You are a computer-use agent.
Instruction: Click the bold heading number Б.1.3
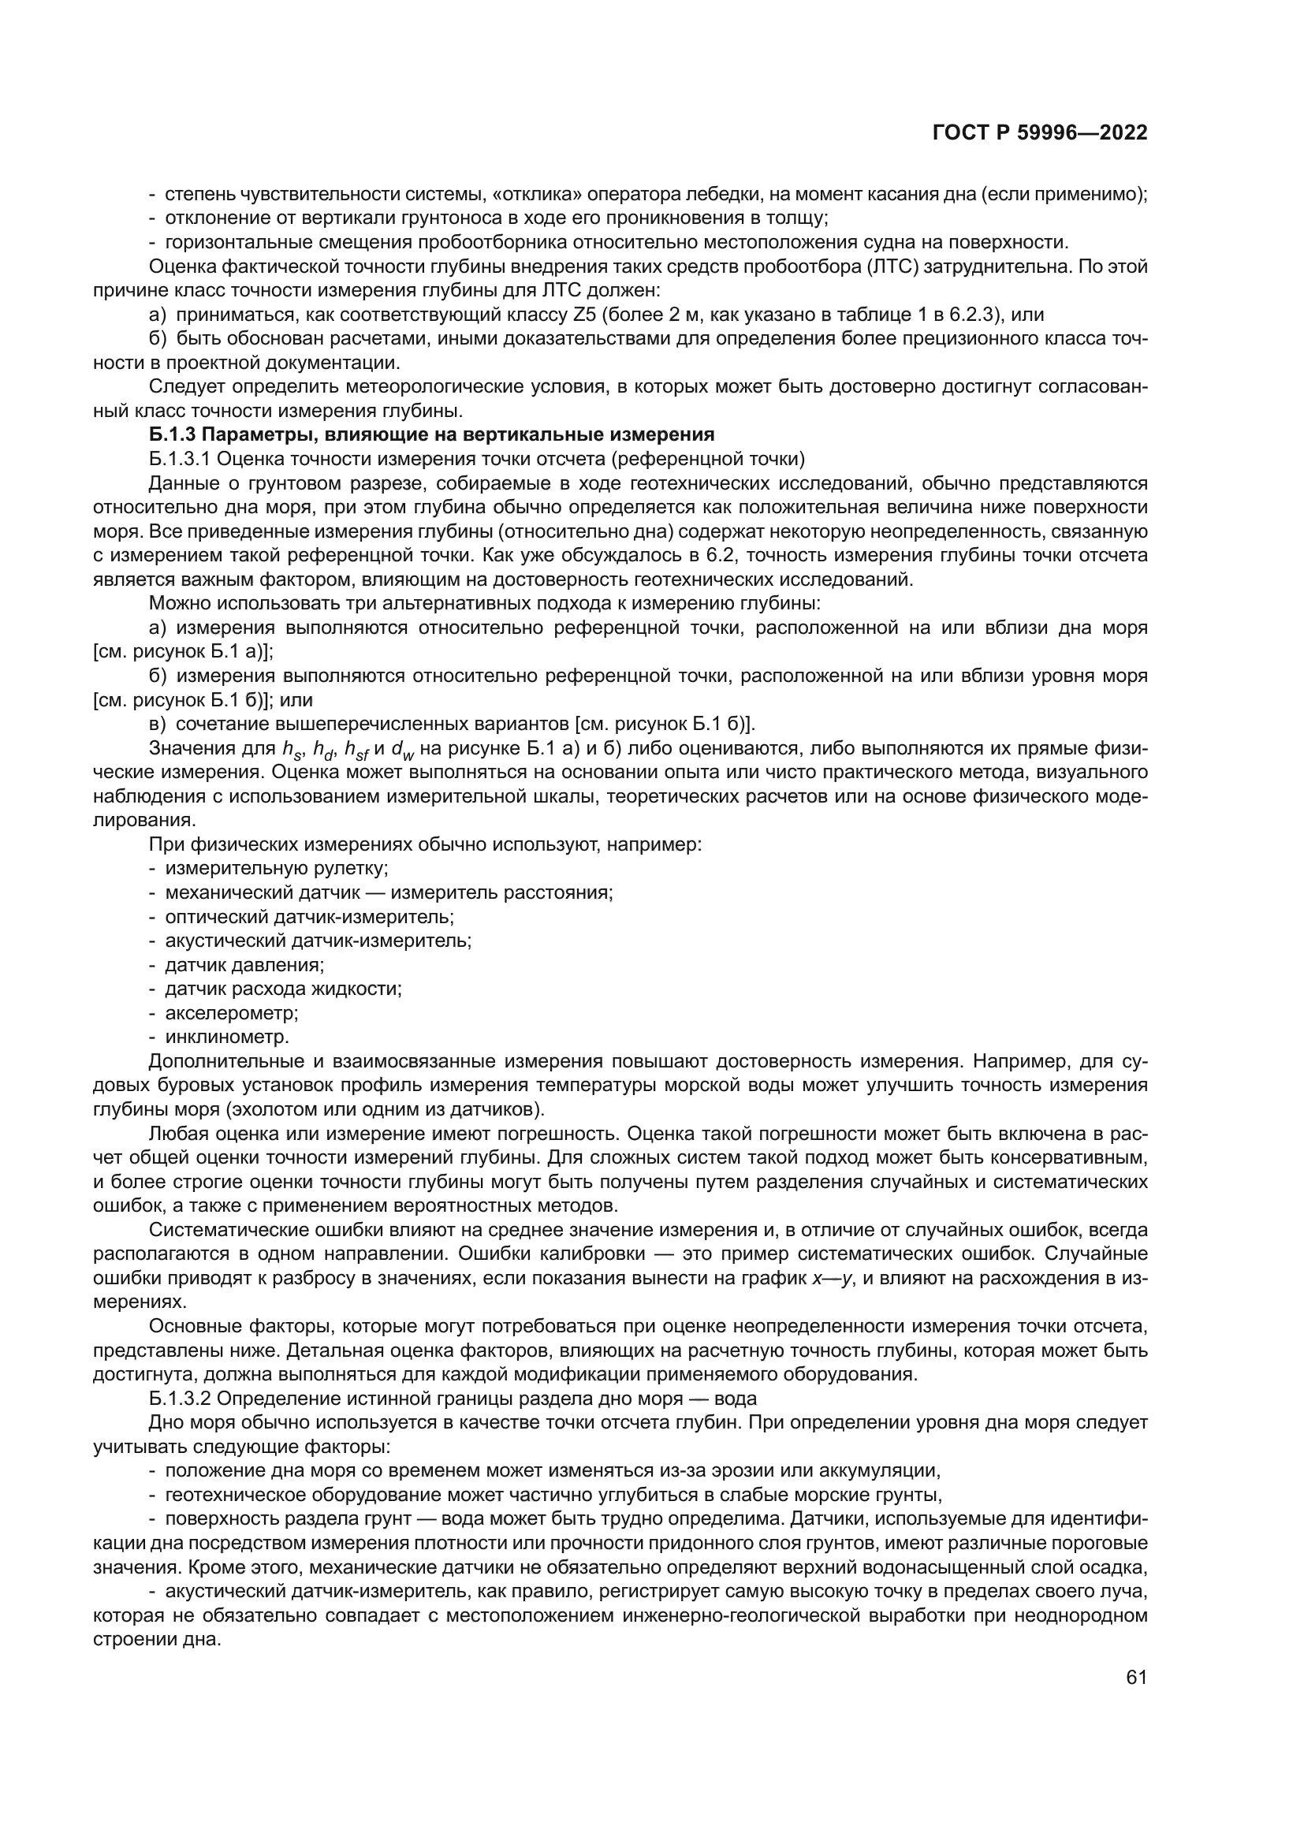coord(172,434)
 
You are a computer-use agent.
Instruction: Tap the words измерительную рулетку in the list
coord(277,868)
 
